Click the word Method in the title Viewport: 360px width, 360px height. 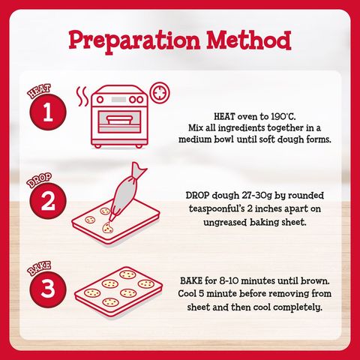(249, 40)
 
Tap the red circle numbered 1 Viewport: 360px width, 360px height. (48, 112)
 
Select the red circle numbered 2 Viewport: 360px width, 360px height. (48, 201)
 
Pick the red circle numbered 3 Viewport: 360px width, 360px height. (48, 289)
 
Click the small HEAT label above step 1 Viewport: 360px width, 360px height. (39, 91)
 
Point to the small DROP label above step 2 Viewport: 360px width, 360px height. (39, 180)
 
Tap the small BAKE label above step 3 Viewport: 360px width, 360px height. (39, 268)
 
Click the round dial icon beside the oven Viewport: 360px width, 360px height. (160, 93)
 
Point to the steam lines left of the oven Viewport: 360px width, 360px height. (82, 97)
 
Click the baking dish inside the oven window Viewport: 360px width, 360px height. (119, 120)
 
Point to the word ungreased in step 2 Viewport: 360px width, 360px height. (225, 222)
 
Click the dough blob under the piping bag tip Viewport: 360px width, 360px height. (107, 228)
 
